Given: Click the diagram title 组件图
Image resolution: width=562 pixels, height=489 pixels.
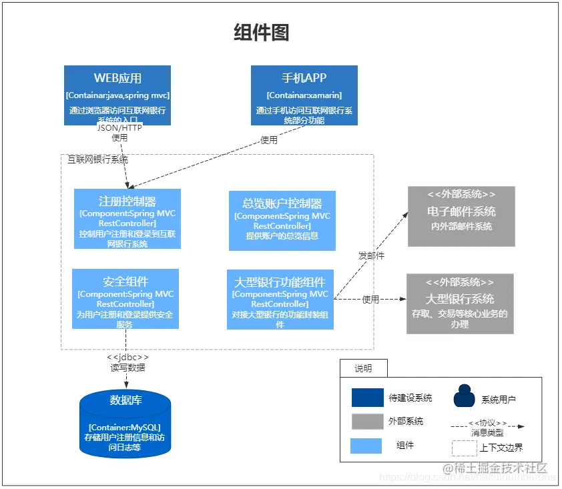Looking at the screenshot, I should (x=262, y=32).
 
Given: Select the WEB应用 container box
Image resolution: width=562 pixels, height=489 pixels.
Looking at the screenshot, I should (x=117, y=95).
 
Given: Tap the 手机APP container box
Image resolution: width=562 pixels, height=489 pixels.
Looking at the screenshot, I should (x=304, y=95).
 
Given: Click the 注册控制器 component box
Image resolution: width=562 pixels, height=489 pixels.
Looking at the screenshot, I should (x=127, y=219).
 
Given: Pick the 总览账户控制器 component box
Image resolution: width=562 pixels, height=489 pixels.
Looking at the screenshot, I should (x=282, y=221).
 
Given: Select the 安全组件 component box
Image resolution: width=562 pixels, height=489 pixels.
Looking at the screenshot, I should (x=125, y=299).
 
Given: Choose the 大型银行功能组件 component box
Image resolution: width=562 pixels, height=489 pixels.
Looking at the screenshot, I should (x=280, y=300).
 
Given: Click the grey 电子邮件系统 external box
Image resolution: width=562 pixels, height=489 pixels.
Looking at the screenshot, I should (x=461, y=216).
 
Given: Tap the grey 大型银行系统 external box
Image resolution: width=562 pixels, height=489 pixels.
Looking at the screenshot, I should (x=460, y=304).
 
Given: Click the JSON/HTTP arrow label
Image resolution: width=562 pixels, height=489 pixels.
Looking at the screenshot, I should (x=119, y=127).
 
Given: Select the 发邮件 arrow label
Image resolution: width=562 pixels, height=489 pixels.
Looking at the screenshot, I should (x=371, y=256).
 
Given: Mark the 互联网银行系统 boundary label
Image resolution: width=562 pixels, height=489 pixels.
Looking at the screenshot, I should (x=98, y=159).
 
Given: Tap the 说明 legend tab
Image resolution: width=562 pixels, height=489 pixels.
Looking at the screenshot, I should (x=363, y=368).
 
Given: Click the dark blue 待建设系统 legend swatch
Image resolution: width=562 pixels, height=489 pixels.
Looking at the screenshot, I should (x=368, y=398).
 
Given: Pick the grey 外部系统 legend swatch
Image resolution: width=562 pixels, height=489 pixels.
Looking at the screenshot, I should (x=368, y=421).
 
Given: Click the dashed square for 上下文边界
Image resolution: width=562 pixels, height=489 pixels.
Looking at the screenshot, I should (x=465, y=448).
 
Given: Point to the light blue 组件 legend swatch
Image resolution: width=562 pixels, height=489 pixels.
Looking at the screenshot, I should (x=366, y=446).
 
